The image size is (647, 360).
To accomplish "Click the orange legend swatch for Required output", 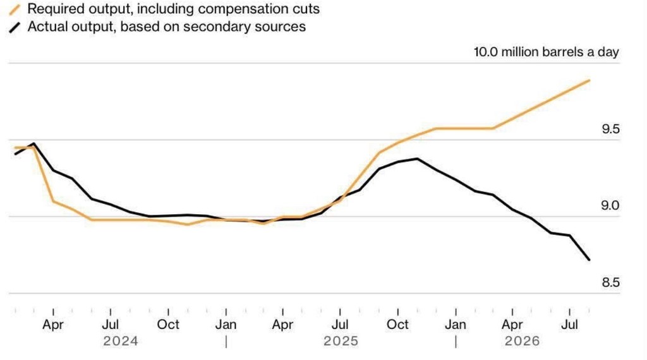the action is pyautogui.click(x=15, y=9).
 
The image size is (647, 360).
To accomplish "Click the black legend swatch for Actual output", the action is pyautogui.click(x=15, y=28).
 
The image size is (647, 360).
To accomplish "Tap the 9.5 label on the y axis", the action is pyautogui.click(x=610, y=129).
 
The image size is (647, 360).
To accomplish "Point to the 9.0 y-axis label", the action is pyautogui.click(x=610, y=205).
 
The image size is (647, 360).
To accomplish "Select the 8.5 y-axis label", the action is pyautogui.click(x=610, y=282).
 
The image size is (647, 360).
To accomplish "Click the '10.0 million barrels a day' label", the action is pyautogui.click(x=547, y=52).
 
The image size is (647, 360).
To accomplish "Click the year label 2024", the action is pyautogui.click(x=121, y=342).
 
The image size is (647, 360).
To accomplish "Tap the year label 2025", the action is pyautogui.click(x=341, y=342).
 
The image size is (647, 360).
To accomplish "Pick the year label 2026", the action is pyautogui.click(x=522, y=342).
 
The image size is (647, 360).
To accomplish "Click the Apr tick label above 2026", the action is pyautogui.click(x=512, y=325).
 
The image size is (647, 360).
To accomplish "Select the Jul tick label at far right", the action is pyautogui.click(x=569, y=325).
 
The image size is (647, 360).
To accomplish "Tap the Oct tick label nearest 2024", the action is pyautogui.click(x=168, y=325).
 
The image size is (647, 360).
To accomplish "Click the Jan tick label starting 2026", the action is pyautogui.click(x=456, y=325).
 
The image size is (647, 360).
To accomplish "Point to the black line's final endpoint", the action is pyautogui.click(x=589, y=260).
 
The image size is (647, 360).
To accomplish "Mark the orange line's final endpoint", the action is pyautogui.click(x=589, y=80).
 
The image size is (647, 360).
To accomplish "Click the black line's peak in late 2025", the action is pyautogui.click(x=417, y=159).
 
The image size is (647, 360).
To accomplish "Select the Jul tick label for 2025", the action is pyautogui.click(x=340, y=325).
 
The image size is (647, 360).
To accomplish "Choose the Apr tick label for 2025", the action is pyautogui.click(x=282, y=325).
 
